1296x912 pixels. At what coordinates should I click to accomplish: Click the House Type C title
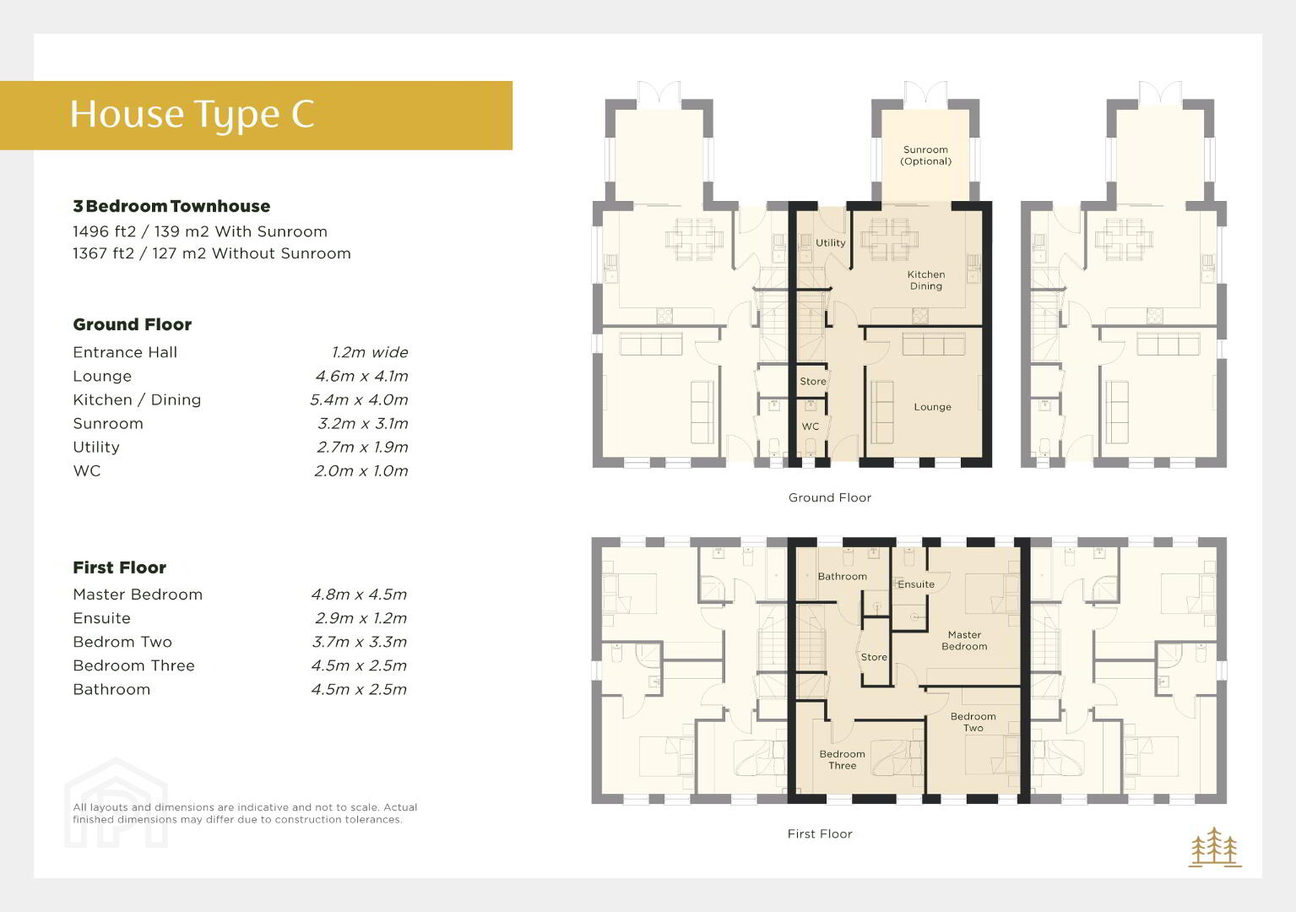pyautogui.click(x=193, y=114)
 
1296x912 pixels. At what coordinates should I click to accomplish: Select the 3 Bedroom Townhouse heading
pyautogui.click(x=171, y=206)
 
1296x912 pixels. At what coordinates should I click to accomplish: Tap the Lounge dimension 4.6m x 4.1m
pyautogui.click(x=361, y=376)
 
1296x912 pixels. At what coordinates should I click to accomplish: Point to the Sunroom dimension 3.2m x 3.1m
pyautogui.click(x=363, y=424)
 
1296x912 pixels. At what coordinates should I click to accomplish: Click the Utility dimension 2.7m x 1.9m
pyautogui.click(x=362, y=448)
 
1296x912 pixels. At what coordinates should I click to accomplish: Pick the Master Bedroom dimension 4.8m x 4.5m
pyautogui.click(x=359, y=594)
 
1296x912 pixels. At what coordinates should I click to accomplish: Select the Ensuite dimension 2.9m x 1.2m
pyautogui.click(x=361, y=618)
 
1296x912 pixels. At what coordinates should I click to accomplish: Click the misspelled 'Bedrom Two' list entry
pyautogui.click(x=122, y=642)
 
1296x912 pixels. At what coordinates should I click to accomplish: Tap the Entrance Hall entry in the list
pyautogui.click(x=125, y=352)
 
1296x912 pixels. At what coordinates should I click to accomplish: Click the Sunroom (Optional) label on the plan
pyautogui.click(x=925, y=155)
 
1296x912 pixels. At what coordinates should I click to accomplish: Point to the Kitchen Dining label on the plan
pyautogui.click(x=925, y=280)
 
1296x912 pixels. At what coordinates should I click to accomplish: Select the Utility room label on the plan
pyautogui.click(x=830, y=243)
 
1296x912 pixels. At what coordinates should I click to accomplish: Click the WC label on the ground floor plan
pyautogui.click(x=810, y=426)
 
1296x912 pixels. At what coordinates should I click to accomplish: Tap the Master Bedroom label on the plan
pyautogui.click(x=964, y=641)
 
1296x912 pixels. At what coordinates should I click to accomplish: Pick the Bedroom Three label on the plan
pyautogui.click(x=842, y=760)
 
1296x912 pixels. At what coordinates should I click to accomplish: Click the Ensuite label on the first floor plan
pyautogui.click(x=916, y=584)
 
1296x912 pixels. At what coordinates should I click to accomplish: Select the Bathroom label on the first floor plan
pyautogui.click(x=842, y=577)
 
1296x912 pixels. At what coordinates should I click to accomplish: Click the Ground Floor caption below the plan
pyautogui.click(x=830, y=497)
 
